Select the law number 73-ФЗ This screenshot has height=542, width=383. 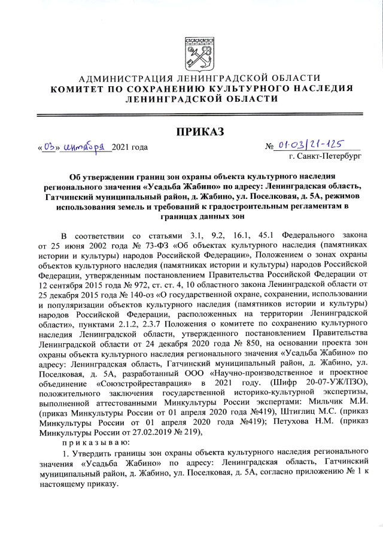126,245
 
